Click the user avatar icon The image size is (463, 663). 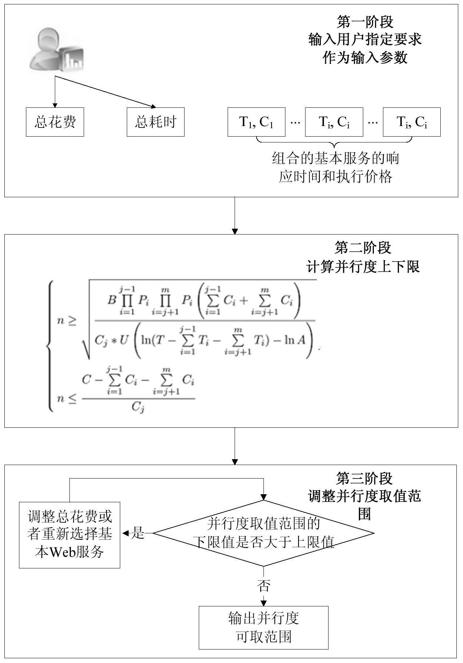56,50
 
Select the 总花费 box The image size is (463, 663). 55,122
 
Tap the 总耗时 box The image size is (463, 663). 155,122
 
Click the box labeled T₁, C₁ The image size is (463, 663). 256,122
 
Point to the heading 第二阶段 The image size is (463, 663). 363,248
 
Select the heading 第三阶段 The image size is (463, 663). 364,478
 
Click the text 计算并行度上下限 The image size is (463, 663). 363,267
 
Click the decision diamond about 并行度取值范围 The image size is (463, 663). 263,533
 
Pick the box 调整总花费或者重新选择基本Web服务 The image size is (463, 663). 69,535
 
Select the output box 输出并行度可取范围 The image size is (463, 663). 263,628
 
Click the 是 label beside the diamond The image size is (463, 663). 138,533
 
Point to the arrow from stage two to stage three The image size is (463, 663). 235,446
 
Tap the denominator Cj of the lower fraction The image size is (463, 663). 138,407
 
